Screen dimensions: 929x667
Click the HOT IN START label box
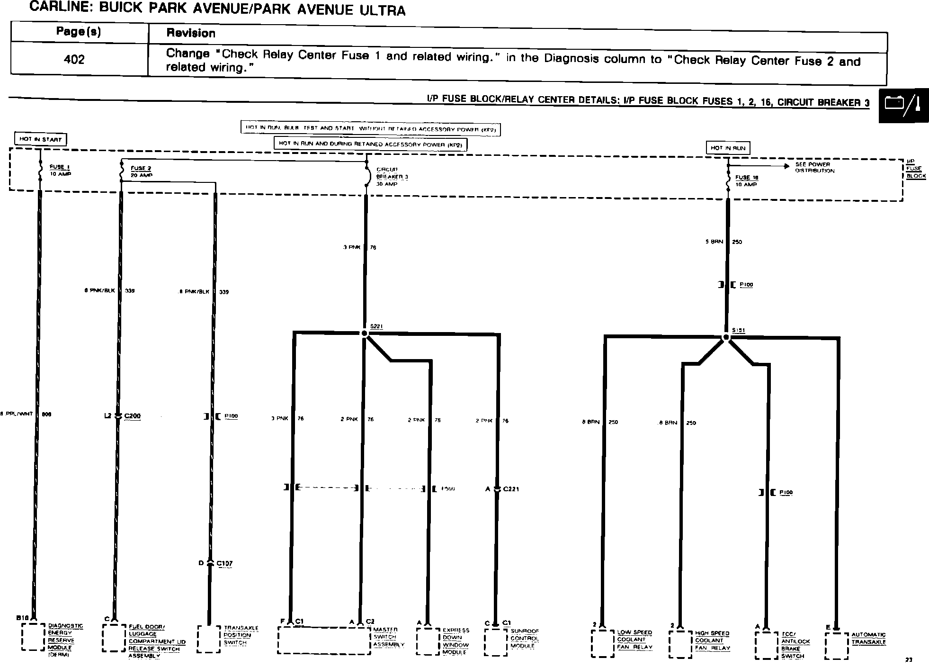tap(40, 139)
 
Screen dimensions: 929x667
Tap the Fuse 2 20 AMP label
tap(141, 171)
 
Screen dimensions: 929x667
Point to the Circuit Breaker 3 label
tap(392, 176)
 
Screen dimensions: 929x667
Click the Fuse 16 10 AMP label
tap(746, 180)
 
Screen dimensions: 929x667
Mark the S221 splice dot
tap(364, 333)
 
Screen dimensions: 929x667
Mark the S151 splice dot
tap(726, 337)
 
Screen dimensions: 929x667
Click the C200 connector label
tap(132, 416)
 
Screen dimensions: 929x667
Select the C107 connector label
tap(224, 563)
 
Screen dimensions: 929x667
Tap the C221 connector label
tap(511, 489)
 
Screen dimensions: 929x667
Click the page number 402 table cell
tap(74, 59)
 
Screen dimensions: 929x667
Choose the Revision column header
tap(191, 33)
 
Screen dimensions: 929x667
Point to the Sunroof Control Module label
tap(524, 638)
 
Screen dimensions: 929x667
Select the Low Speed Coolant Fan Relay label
tap(634, 640)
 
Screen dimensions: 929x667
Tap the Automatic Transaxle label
tap(868, 638)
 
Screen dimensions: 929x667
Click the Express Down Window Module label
tap(456, 641)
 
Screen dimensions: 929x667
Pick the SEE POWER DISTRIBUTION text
tap(814, 167)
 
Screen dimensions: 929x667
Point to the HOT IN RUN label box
tap(728, 148)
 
